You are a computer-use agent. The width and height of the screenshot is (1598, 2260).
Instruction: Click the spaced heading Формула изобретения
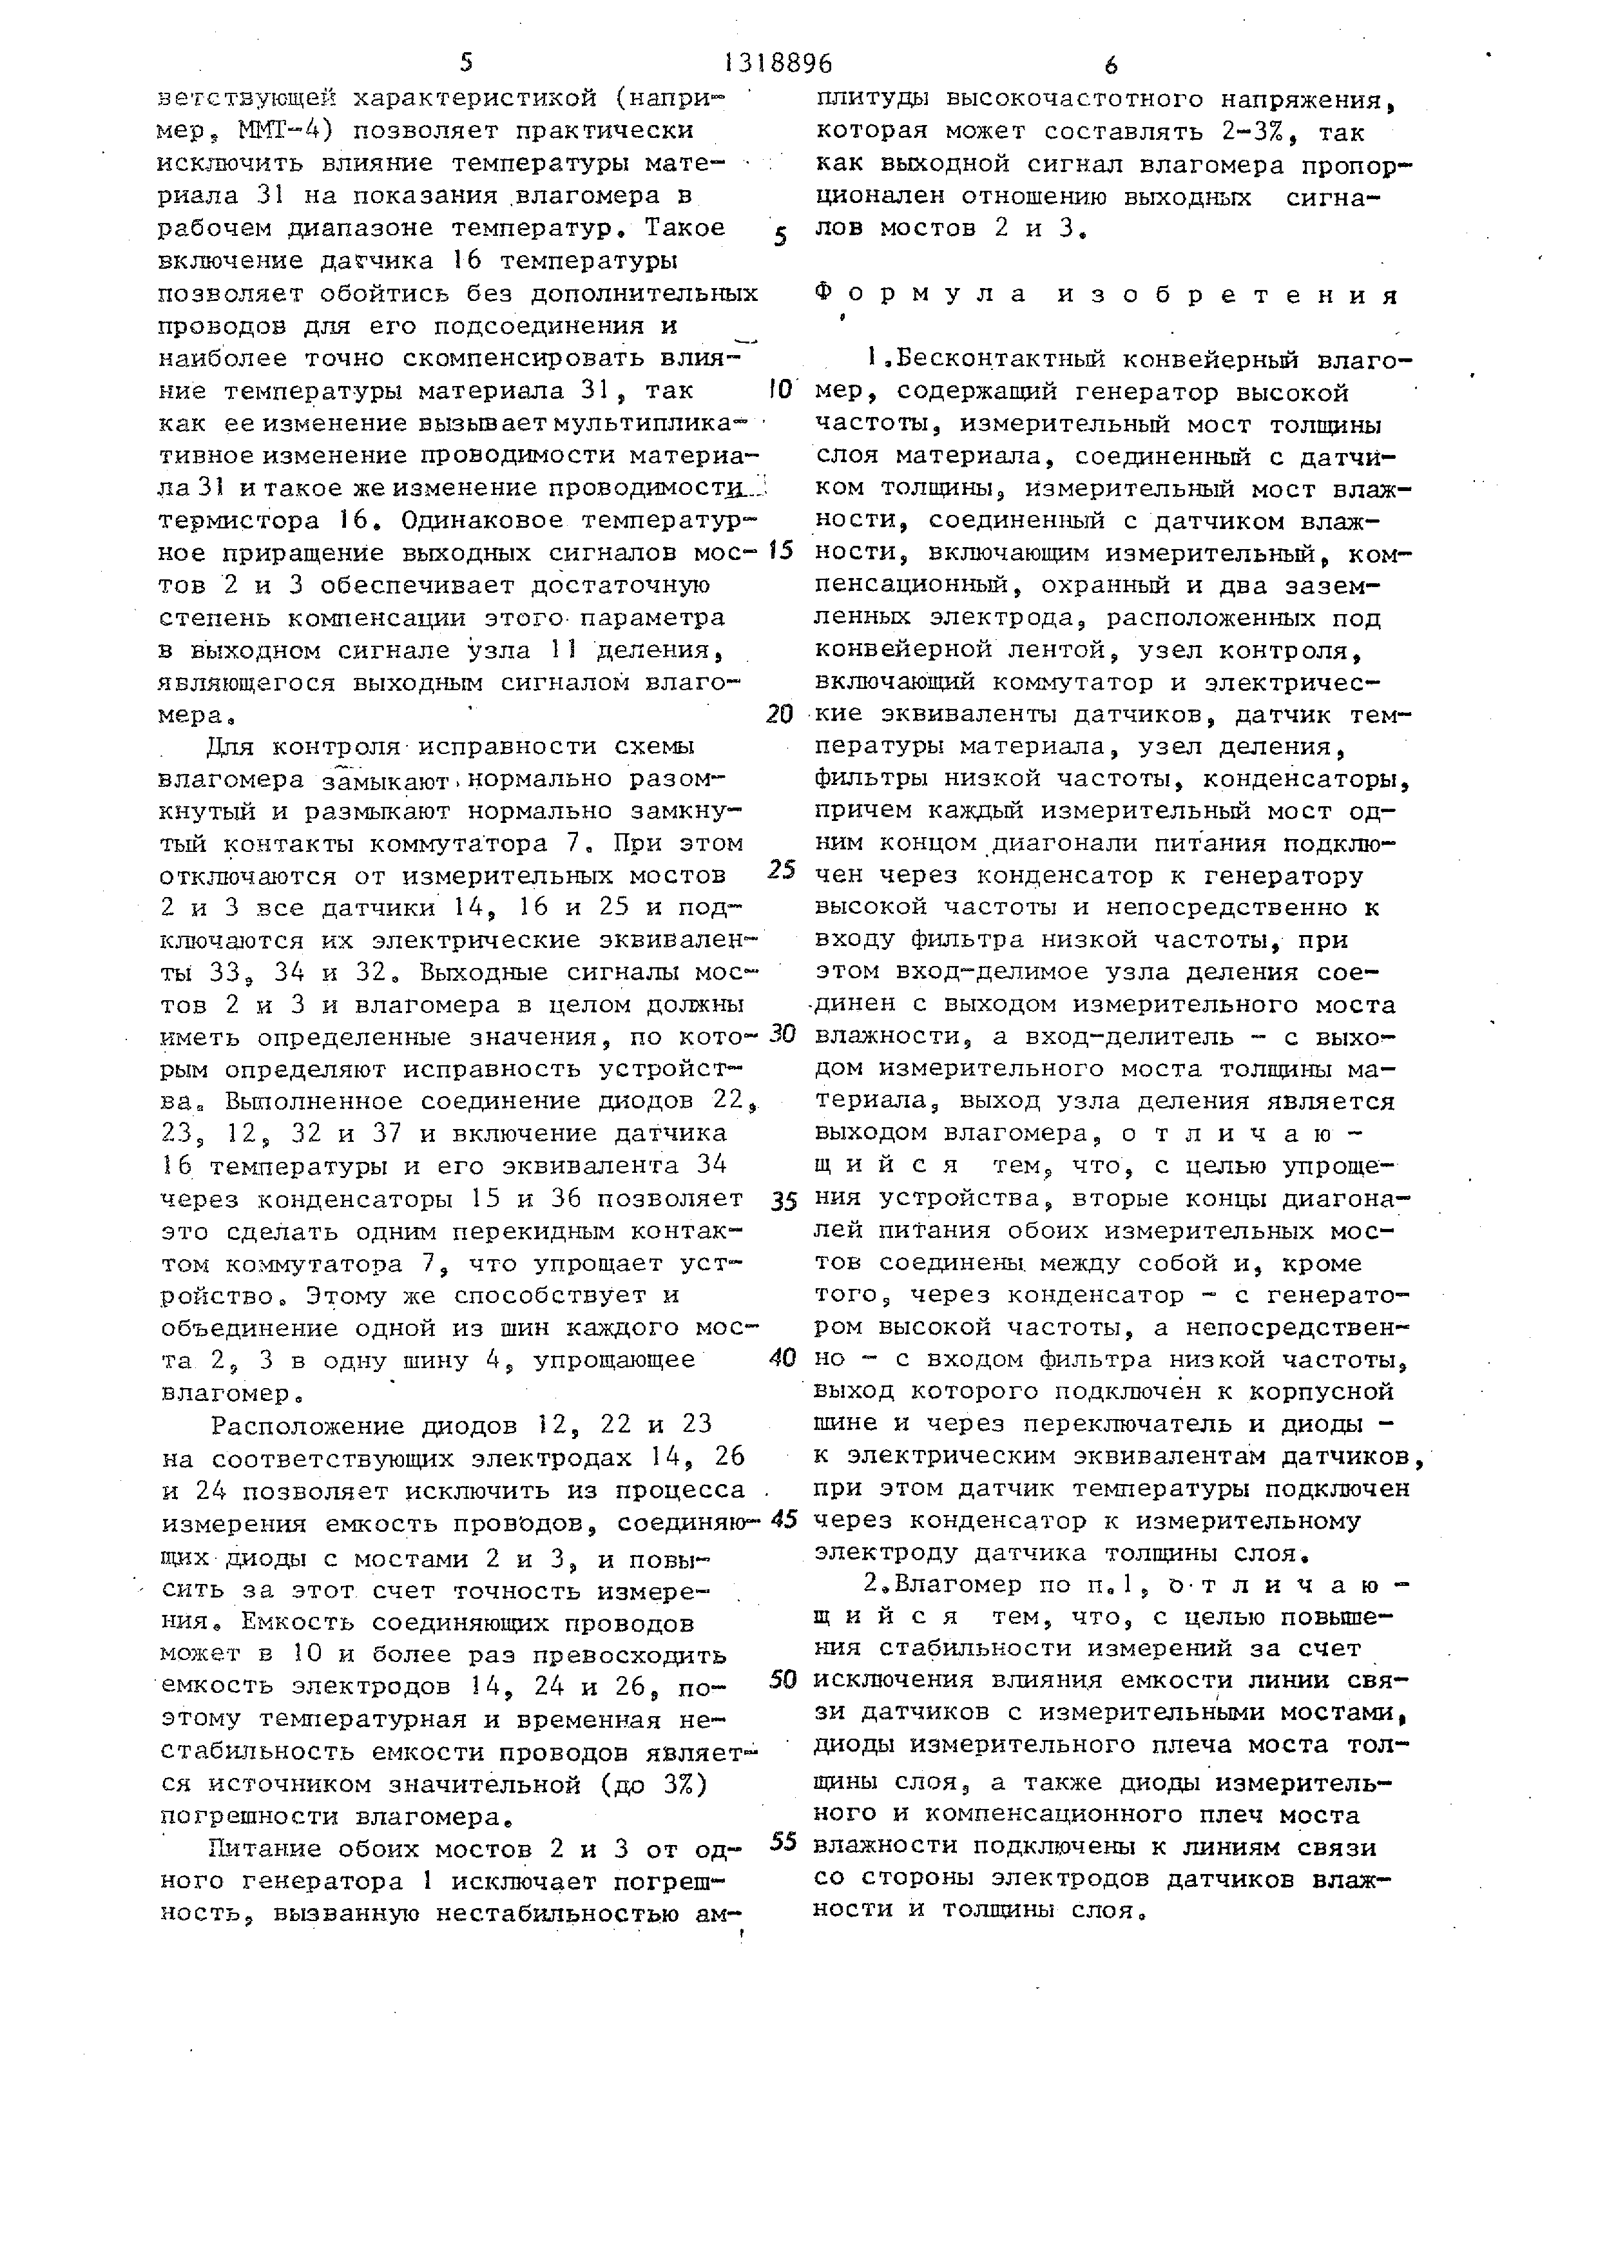click(1108, 295)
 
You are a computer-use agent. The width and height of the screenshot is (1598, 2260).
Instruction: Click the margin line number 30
click(782, 1034)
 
